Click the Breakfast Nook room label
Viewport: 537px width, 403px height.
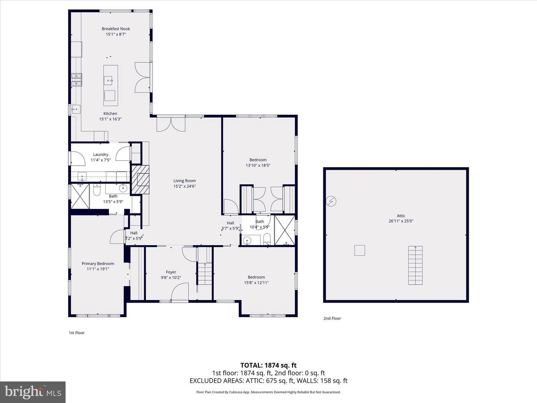116,29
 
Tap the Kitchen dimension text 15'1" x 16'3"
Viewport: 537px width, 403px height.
110,119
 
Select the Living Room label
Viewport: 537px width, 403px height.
185,181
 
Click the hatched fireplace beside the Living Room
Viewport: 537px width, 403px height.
141,180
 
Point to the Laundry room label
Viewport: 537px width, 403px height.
101,154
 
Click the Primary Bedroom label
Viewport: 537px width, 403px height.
98,263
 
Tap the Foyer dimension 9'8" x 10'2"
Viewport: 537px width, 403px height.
171,278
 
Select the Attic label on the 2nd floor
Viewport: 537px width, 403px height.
401,216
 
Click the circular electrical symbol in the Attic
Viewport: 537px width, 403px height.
331,201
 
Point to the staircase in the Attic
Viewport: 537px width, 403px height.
415,265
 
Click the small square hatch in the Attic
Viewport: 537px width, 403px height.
359,250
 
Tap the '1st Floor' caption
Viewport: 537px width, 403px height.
76,333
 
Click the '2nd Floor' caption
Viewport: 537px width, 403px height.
332,318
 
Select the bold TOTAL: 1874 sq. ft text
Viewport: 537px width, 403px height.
268,365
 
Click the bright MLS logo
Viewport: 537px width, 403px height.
33,392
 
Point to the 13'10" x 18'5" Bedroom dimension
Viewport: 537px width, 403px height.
258,165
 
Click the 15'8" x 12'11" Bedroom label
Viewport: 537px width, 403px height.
256,277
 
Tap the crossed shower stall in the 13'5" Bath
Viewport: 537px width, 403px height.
80,196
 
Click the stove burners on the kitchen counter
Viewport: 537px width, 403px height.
76,80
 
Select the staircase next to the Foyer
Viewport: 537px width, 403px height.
204,274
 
